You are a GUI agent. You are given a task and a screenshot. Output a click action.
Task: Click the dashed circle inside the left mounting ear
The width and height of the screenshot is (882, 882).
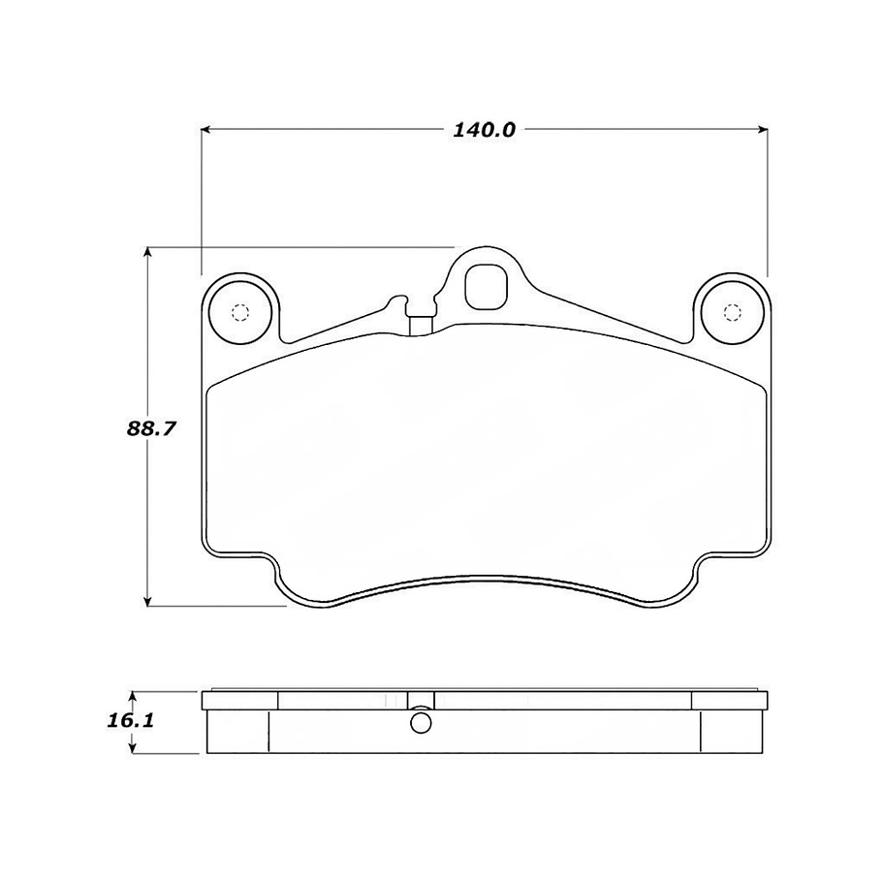(x=239, y=312)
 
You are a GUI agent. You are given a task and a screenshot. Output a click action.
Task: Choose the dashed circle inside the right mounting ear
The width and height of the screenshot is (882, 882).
(x=733, y=312)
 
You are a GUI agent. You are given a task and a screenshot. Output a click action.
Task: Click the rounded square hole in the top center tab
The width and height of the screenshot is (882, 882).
(x=485, y=285)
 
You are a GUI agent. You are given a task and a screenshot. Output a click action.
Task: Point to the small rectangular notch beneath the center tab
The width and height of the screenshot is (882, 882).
(x=420, y=325)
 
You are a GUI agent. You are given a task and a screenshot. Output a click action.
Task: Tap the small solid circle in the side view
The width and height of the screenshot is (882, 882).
(x=421, y=723)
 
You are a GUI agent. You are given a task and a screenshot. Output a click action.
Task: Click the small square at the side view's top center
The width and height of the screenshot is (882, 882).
(x=421, y=701)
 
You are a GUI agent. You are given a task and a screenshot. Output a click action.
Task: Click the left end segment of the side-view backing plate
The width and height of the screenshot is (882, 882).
(x=238, y=701)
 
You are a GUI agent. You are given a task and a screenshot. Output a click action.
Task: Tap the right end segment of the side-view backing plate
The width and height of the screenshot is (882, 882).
(x=729, y=701)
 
